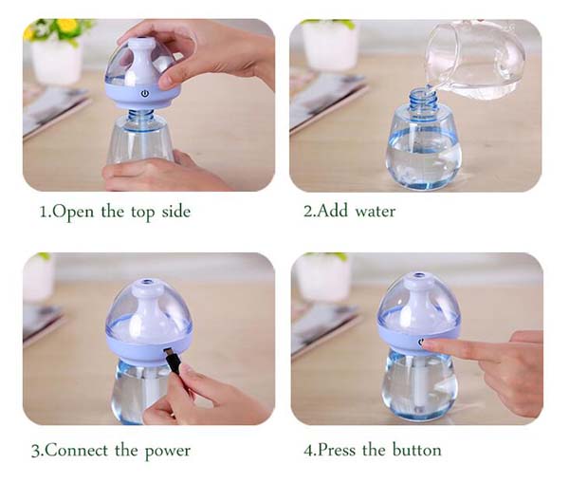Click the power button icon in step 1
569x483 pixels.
(x=145, y=94)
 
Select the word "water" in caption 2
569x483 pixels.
(x=376, y=211)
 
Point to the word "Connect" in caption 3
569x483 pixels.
(x=77, y=451)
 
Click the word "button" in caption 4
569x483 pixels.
(x=417, y=450)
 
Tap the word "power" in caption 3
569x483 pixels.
(x=168, y=452)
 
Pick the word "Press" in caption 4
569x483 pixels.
(x=337, y=450)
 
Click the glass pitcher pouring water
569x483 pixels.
(x=475, y=59)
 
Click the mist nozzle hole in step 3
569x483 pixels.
(x=147, y=282)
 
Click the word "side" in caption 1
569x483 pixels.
(x=176, y=212)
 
